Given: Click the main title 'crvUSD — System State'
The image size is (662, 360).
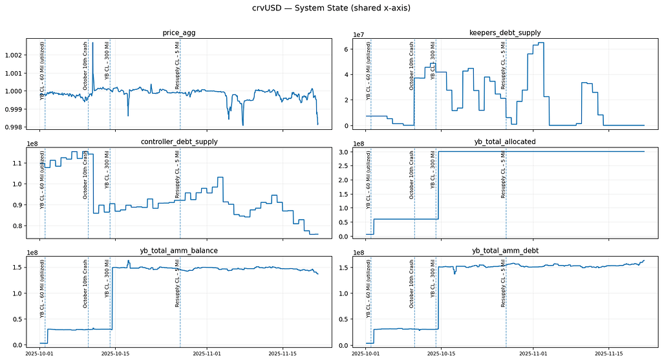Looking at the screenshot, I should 330,8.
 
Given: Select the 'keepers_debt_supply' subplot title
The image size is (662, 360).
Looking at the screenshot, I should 505,32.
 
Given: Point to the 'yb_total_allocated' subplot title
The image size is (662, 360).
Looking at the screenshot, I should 505,142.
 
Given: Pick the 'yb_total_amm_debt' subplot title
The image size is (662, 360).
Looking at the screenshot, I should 505,250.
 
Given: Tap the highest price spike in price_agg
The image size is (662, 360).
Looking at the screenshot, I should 92,43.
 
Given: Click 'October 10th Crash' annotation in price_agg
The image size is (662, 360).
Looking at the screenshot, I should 85,65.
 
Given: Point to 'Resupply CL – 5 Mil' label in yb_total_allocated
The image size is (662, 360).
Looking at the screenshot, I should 503,174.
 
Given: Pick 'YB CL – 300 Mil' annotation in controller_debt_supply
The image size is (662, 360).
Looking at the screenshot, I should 107,169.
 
